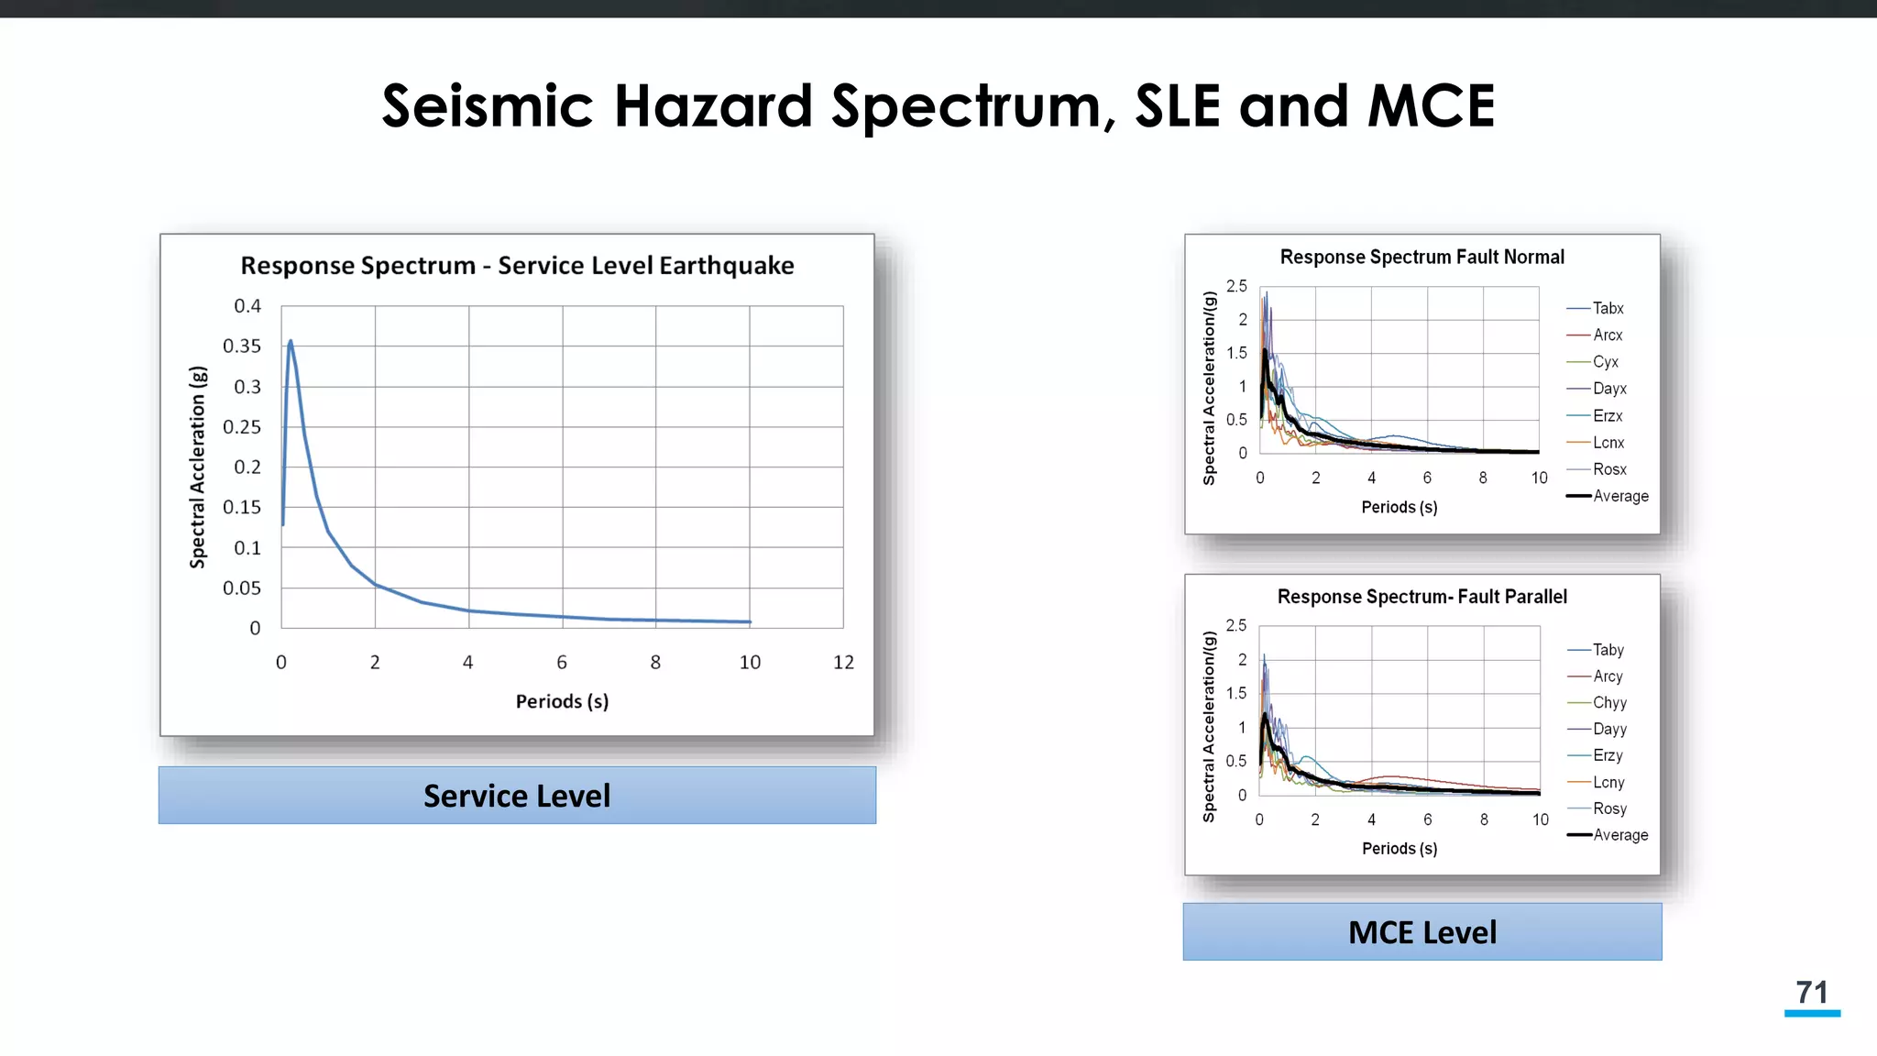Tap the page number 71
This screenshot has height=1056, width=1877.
click(x=1812, y=993)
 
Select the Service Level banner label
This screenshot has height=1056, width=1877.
click(x=517, y=796)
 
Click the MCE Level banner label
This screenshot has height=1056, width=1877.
click(x=1422, y=932)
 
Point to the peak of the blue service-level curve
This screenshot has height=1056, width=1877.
click(x=291, y=341)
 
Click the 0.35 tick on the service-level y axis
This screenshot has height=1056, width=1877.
click(x=242, y=346)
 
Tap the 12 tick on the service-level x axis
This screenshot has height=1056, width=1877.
click(x=843, y=663)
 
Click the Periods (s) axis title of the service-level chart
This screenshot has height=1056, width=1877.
click(x=562, y=702)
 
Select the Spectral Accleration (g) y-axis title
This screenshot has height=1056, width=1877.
click(x=198, y=467)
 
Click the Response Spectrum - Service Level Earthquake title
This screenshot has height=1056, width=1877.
click(x=517, y=266)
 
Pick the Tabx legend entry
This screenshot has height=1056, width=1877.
click(x=1608, y=309)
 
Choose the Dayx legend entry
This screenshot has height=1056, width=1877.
click(x=1609, y=389)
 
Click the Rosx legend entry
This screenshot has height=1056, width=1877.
click(x=1609, y=469)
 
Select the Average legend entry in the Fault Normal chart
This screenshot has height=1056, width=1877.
click(x=1620, y=496)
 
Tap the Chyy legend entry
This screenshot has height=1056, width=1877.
click(x=1609, y=703)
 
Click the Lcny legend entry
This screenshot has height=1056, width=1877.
click(x=1608, y=783)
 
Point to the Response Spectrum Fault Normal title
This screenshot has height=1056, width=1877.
click(x=1421, y=258)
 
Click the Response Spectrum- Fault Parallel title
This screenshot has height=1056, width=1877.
click(x=1421, y=597)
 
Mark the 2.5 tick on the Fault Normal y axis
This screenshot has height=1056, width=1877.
click(x=1236, y=287)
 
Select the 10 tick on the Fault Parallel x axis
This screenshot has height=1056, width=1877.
click(x=1541, y=819)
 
